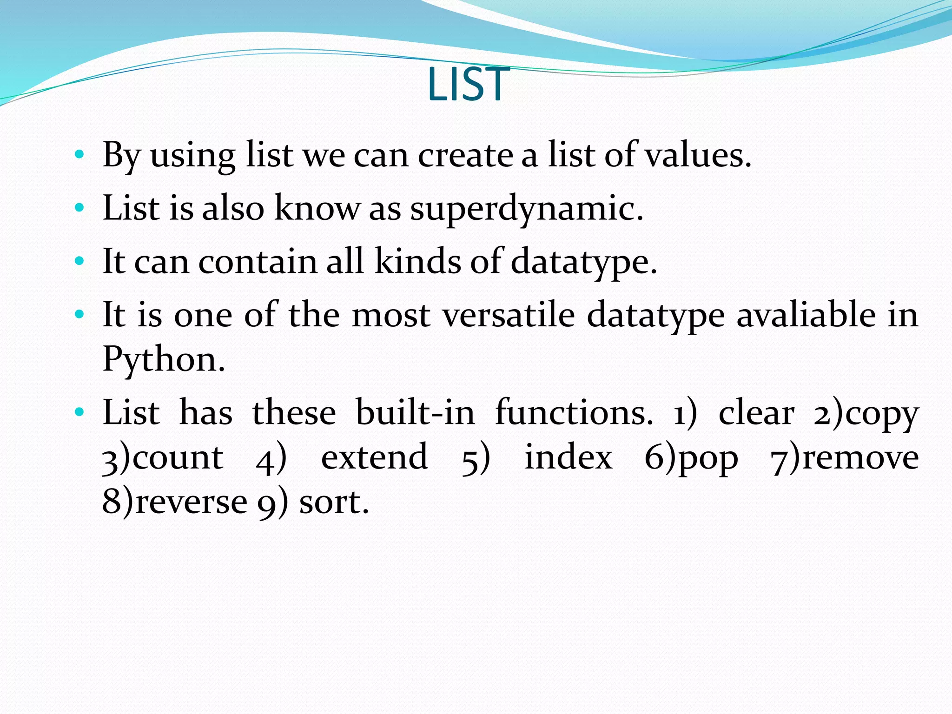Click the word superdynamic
[x=526, y=209]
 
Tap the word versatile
[x=509, y=315]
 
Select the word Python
[x=164, y=359]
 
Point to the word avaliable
[x=806, y=315]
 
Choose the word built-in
[x=415, y=413]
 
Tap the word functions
[x=574, y=413]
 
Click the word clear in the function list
[x=756, y=413]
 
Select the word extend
[x=374, y=457]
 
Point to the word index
[x=569, y=457]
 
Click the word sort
[x=334, y=502]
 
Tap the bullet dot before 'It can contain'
[x=79, y=261]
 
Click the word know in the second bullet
[x=317, y=209]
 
